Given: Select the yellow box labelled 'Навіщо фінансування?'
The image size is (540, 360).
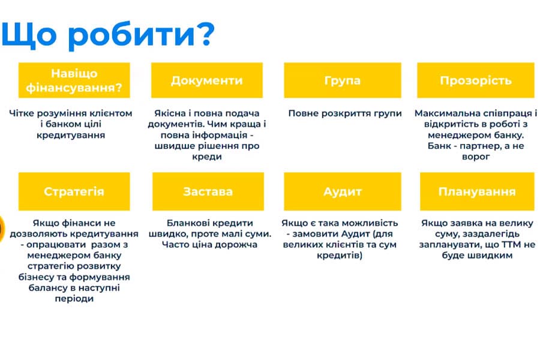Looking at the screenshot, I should point(74,80).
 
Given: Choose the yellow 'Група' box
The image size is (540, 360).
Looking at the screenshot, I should point(342,80).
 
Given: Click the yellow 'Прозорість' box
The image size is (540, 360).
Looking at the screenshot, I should point(476,80).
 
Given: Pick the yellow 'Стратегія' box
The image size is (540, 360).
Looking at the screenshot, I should point(74,191).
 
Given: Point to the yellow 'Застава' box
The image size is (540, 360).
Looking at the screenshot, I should point(208,191).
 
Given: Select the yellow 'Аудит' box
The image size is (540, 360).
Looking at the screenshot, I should point(342,191).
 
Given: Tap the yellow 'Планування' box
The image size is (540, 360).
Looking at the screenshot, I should point(476,191).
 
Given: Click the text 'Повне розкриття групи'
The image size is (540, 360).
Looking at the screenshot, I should point(344,113).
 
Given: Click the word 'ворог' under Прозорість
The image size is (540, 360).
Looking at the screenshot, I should point(476,157).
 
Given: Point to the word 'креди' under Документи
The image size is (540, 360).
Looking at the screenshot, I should point(208,157).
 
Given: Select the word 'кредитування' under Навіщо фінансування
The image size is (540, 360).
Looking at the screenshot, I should point(74,135).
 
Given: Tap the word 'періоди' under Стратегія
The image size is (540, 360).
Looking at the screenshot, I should point(74,299).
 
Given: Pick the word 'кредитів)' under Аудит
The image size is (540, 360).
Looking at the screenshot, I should point(340,255).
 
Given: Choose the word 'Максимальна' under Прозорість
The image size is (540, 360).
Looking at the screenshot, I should point(446,113).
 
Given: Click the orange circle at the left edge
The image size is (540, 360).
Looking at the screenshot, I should point(2,227).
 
